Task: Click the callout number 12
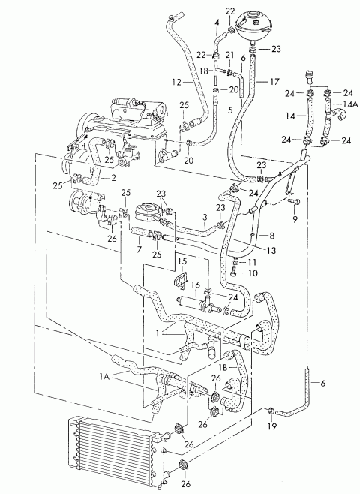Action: (176, 83)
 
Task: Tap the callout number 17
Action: (274, 82)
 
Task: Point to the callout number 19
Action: (272, 426)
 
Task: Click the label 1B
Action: (223, 367)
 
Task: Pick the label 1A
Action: (105, 376)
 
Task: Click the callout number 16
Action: (196, 285)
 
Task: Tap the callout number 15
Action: (182, 261)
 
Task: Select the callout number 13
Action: (271, 251)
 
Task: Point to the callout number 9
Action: (295, 219)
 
